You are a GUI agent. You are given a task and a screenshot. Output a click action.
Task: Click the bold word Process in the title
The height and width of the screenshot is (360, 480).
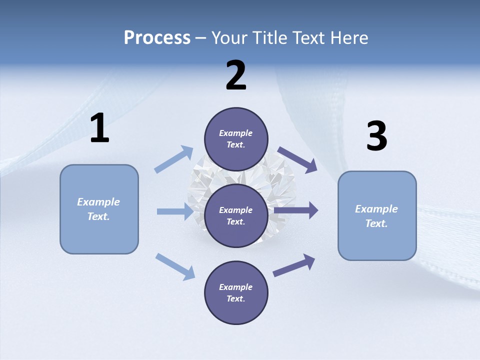(157, 38)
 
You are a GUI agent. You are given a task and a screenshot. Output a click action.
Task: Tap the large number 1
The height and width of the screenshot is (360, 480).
(99, 128)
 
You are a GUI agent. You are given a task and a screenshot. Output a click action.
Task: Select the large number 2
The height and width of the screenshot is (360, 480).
(236, 75)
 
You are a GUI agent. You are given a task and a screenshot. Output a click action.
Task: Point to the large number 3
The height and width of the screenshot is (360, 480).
(376, 136)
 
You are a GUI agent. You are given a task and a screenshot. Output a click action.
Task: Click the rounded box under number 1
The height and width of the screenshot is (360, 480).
(99, 209)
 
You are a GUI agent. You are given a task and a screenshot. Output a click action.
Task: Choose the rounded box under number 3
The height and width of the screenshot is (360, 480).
(377, 215)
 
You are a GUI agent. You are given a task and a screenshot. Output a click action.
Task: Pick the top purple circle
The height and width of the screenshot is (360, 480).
(236, 139)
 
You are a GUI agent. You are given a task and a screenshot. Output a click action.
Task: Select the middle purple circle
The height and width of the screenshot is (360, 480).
(236, 215)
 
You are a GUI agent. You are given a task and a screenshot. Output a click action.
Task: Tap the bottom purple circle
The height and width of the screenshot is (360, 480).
(236, 292)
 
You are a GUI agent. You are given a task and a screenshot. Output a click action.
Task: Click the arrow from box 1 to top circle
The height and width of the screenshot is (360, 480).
(174, 159)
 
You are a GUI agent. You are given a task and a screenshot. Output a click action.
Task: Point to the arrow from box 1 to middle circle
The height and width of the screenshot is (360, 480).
(175, 211)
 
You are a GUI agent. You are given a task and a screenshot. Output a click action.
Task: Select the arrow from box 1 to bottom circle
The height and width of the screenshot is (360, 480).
(175, 266)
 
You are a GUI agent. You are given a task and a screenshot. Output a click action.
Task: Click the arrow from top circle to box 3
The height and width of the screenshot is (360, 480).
(297, 160)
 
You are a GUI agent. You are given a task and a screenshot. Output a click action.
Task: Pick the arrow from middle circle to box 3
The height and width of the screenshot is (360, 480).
(296, 210)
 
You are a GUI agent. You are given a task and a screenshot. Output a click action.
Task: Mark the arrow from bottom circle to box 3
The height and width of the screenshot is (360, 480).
(294, 265)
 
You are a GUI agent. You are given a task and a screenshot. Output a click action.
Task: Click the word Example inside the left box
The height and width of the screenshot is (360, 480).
(98, 202)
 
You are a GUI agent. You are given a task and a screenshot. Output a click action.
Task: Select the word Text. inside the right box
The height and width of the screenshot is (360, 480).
(376, 223)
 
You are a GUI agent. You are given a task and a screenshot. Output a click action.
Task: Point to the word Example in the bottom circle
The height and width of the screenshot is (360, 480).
(235, 287)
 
